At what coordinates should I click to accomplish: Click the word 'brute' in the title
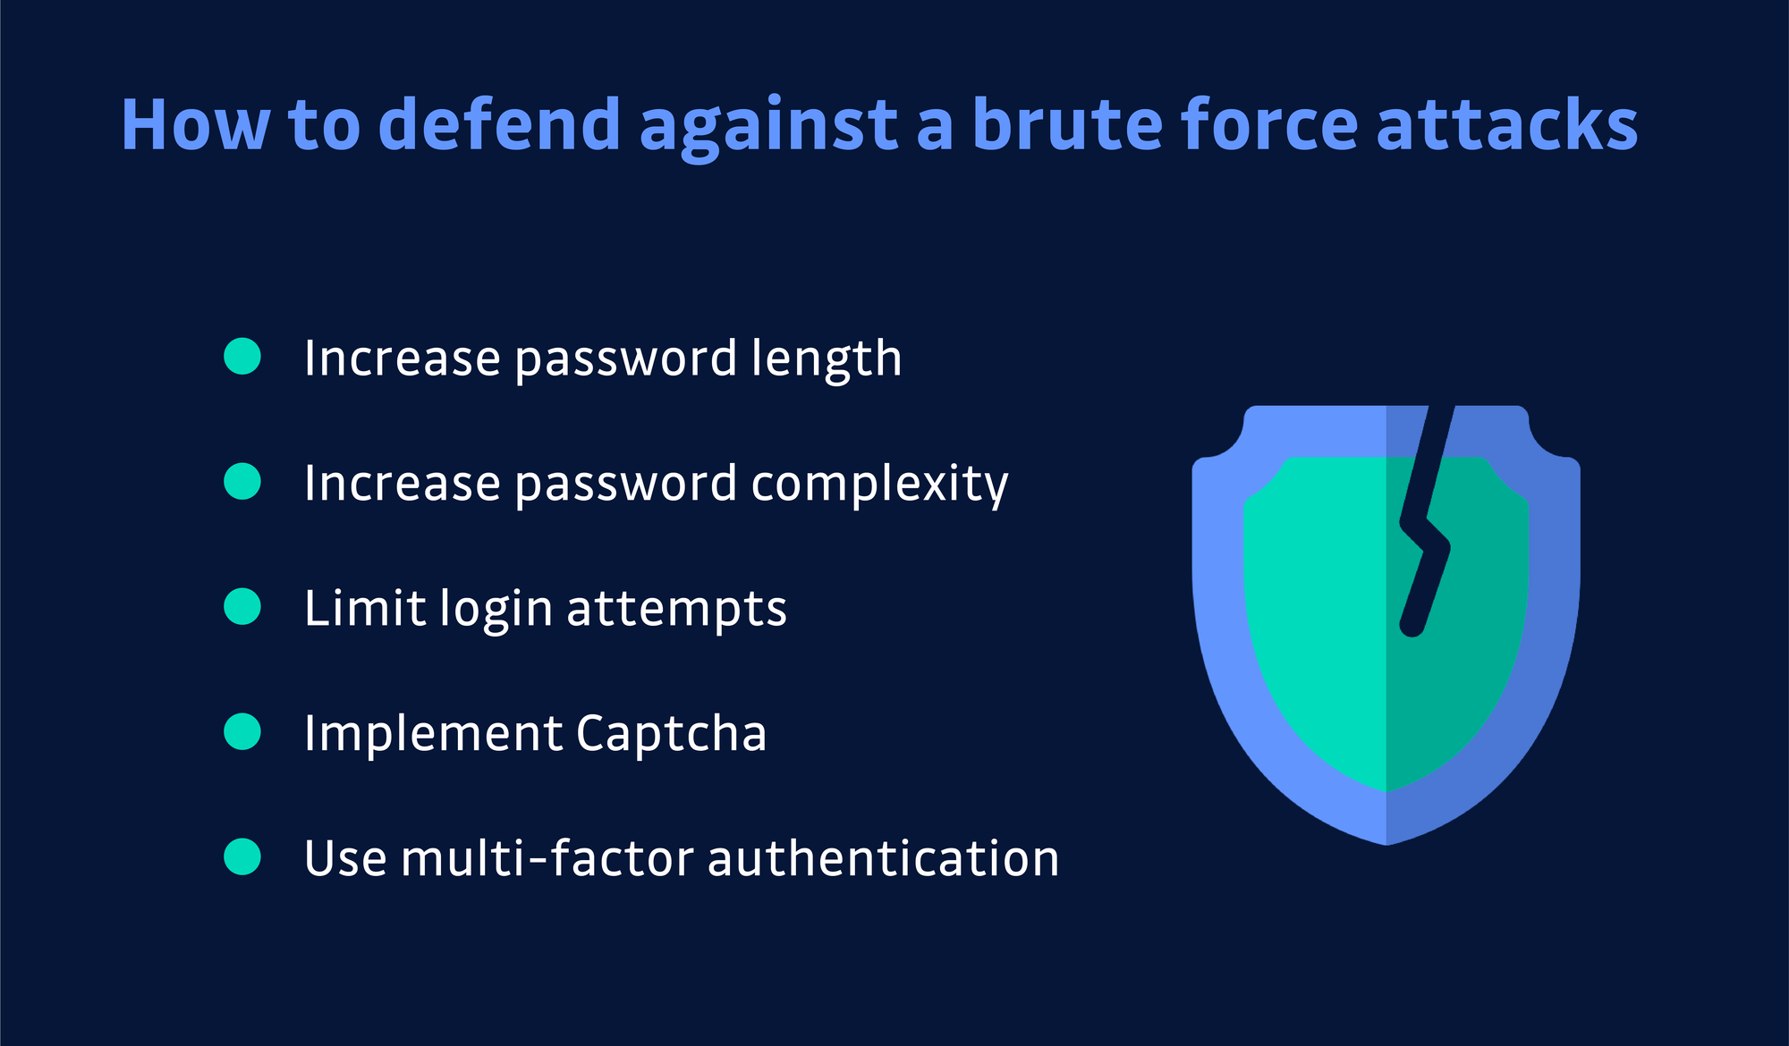pyautogui.click(x=1066, y=124)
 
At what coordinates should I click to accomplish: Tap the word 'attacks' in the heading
pyautogui.click(x=1507, y=124)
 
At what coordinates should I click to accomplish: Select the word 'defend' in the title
pyautogui.click(x=499, y=124)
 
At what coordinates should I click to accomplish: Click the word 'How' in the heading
pyautogui.click(x=195, y=124)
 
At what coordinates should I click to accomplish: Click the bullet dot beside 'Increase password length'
pyautogui.click(x=242, y=356)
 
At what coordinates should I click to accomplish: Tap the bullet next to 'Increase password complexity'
pyautogui.click(x=242, y=481)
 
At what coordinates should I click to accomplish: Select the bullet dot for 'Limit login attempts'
pyautogui.click(x=242, y=606)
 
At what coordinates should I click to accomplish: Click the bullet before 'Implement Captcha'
pyautogui.click(x=242, y=731)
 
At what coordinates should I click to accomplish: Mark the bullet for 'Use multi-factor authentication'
pyautogui.click(x=242, y=856)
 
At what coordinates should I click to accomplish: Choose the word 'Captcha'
pyautogui.click(x=671, y=734)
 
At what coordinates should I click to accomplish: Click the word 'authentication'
pyautogui.click(x=883, y=858)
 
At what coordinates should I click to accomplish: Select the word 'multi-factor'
pyautogui.click(x=547, y=858)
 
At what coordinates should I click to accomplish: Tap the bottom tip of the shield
pyautogui.click(x=1386, y=840)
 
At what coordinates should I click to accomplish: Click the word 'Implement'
pyautogui.click(x=433, y=734)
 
